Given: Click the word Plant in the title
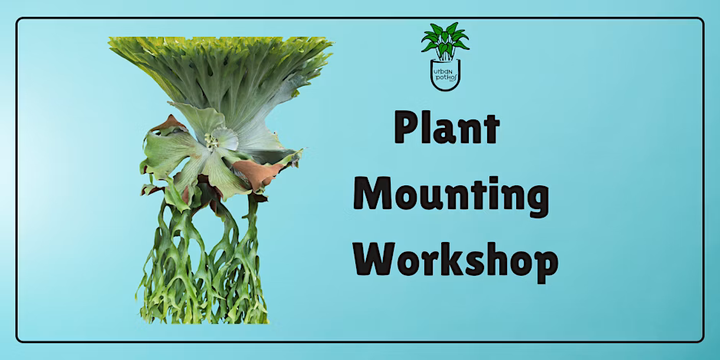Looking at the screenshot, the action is tap(447, 129).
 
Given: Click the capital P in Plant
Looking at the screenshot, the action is tap(407, 129).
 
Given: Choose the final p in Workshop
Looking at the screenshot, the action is tap(545, 267).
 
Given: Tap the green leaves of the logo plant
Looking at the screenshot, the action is tap(445, 41).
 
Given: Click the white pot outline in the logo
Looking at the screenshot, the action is tap(446, 88).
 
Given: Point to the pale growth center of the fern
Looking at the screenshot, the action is tap(212, 142).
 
